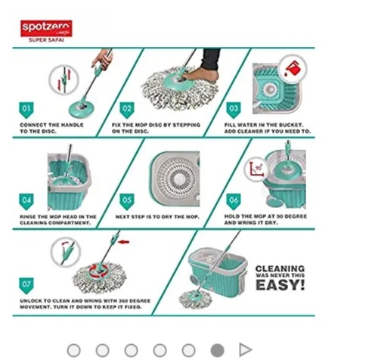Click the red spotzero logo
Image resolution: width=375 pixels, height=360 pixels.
click(46, 28)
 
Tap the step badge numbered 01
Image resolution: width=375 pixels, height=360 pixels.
click(26, 110)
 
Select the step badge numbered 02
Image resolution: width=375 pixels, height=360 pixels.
click(127, 110)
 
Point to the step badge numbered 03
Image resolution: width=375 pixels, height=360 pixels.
click(234, 110)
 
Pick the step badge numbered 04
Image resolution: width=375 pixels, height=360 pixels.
click(26, 201)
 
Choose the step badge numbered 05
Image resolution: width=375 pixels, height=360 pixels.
click(127, 201)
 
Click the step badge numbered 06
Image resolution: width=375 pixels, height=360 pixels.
click(234, 201)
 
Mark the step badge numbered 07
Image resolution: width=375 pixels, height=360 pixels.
click(26, 286)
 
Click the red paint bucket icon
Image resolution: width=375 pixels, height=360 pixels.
click(292, 68)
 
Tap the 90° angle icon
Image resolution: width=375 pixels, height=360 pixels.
click(256, 169)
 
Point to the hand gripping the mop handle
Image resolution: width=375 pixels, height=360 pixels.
click(103, 60)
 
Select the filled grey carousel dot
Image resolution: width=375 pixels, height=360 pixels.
click(217, 350)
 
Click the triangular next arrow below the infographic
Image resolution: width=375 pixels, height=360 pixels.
click(245, 350)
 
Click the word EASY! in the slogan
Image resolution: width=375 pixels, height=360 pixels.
click(280, 285)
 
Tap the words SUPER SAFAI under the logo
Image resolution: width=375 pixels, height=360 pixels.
click(46, 40)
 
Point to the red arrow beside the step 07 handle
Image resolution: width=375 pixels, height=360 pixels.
click(124, 242)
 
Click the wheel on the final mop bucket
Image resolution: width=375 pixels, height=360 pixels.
click(194, 280)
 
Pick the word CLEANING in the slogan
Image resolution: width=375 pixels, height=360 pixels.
click(280, 268)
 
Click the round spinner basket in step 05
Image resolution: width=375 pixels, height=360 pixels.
click(175, 178)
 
